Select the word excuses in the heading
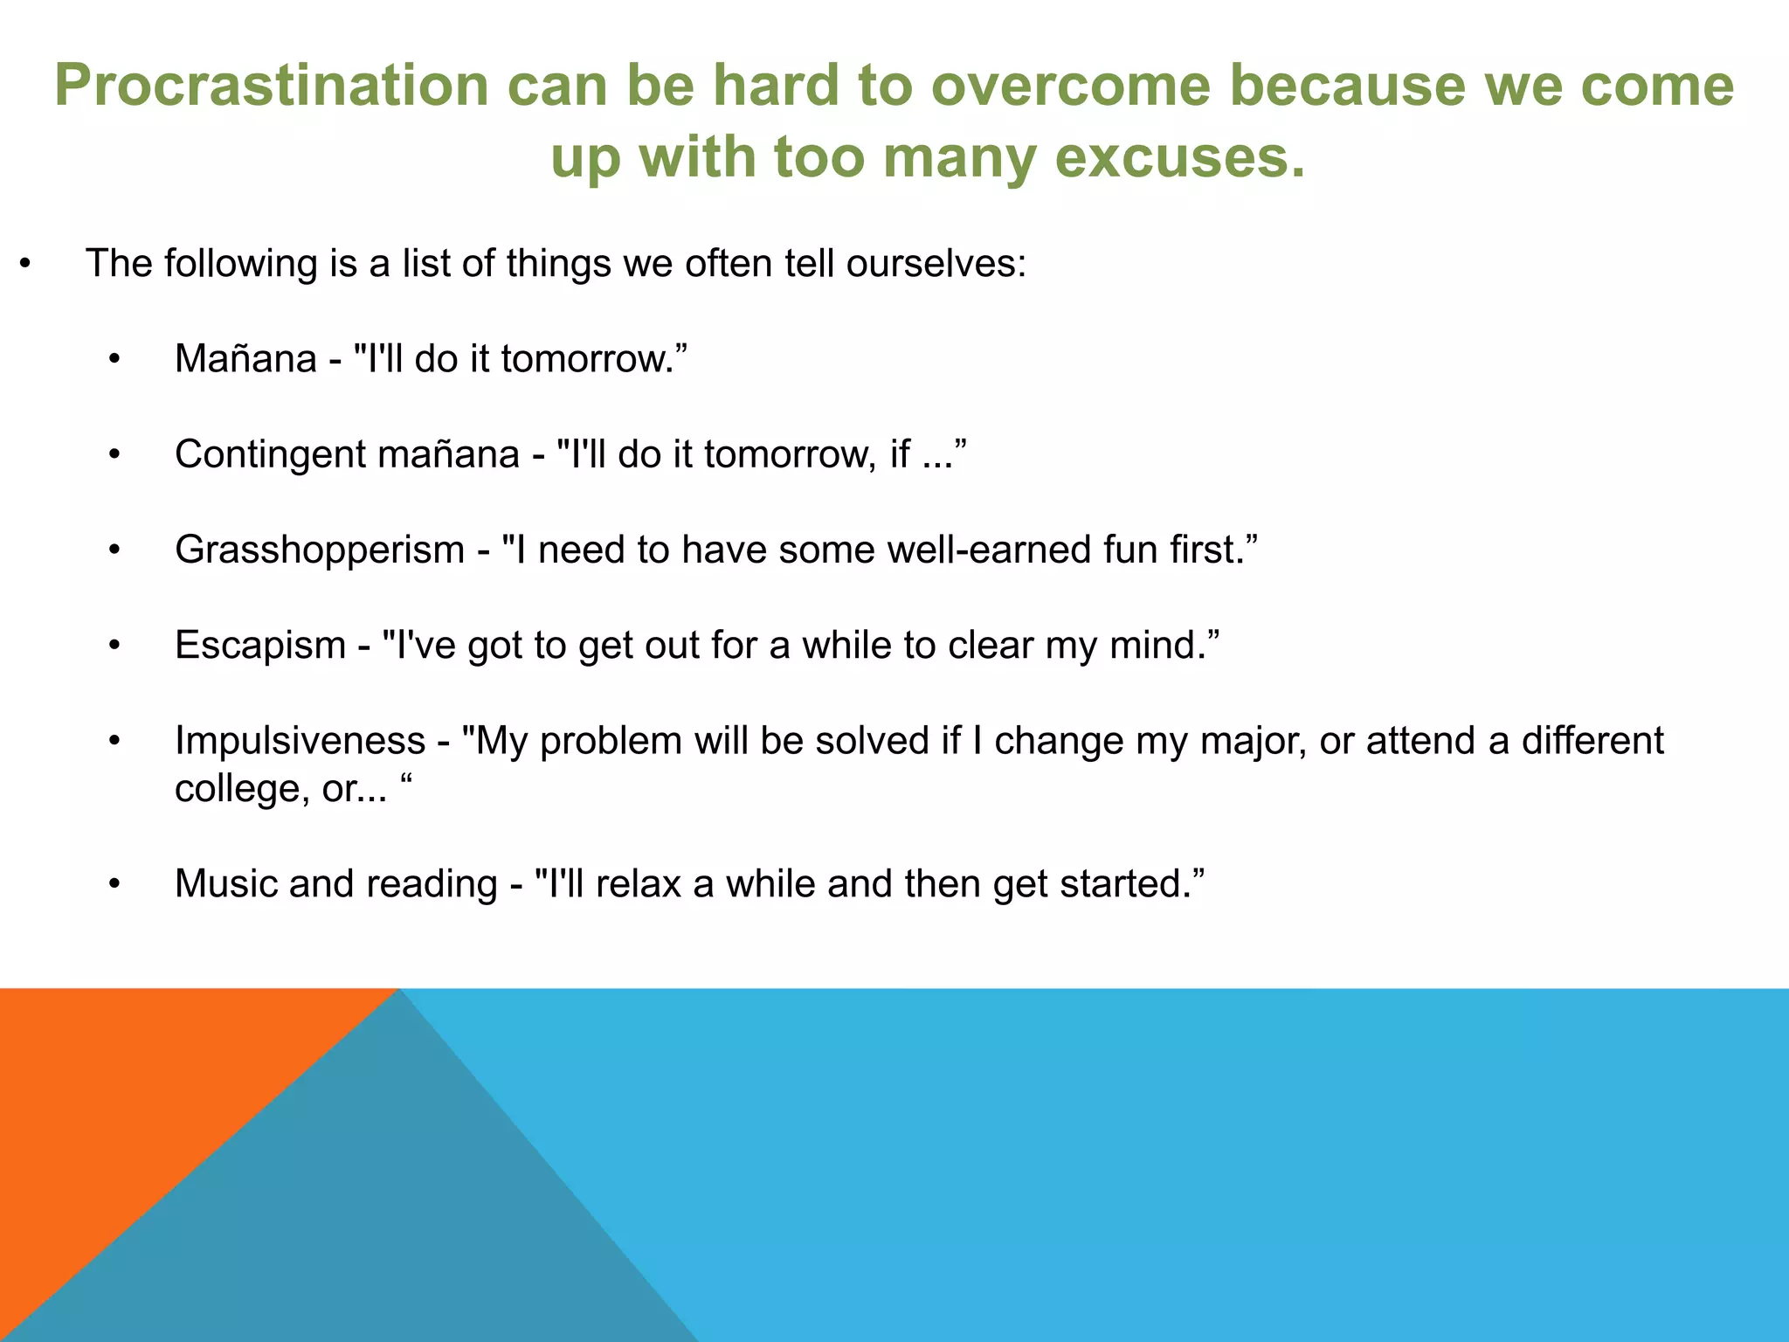tap(1179, 159)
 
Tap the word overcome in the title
tap(1071, 86)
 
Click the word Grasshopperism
tap(319, 550)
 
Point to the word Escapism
tap(259, 646)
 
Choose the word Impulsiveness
tap(300, 741)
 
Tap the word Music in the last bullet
tap(225, 883)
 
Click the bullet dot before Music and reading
tap(114, 884)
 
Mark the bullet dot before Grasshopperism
tap(114, 550)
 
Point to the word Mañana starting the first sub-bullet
tap(245, 359)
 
